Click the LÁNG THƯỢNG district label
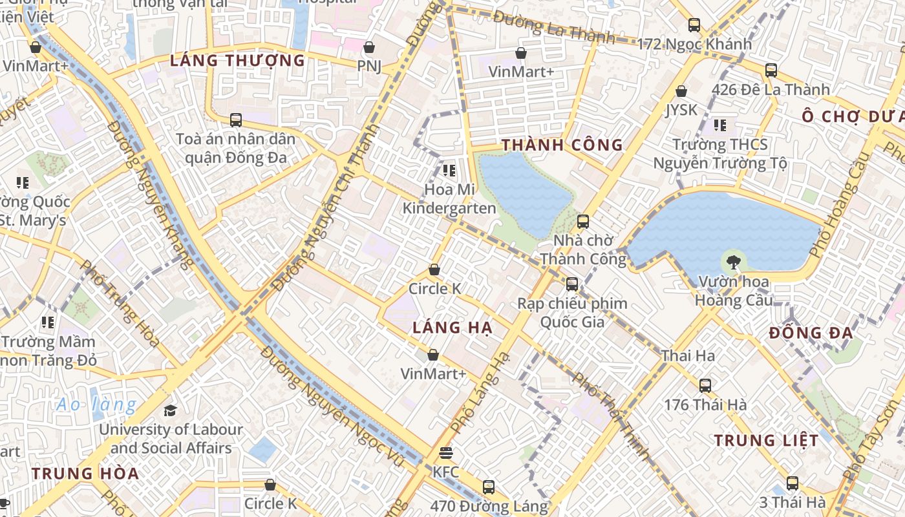[237, 61]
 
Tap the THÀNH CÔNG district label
[562, 145]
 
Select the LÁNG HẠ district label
[452, 328]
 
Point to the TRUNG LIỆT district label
[766, 441]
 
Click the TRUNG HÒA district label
[85, 473]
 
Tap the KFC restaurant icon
[446, 453]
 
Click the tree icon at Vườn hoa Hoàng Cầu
[733, 262]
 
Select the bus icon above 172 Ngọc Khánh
[694, 25]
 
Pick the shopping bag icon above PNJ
[369, 47]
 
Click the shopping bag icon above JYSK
[681, 91]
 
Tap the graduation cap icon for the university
[170, 410]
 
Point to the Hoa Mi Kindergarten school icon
[449, 171]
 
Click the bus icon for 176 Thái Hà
[705, 386]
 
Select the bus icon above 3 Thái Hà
[793, 483]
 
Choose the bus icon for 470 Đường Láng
[489, 487]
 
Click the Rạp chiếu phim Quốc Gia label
[572, 312]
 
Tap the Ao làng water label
[96, 405]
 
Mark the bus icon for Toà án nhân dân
[236, 120]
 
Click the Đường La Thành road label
[553, 27]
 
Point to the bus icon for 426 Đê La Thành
[771, 70]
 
